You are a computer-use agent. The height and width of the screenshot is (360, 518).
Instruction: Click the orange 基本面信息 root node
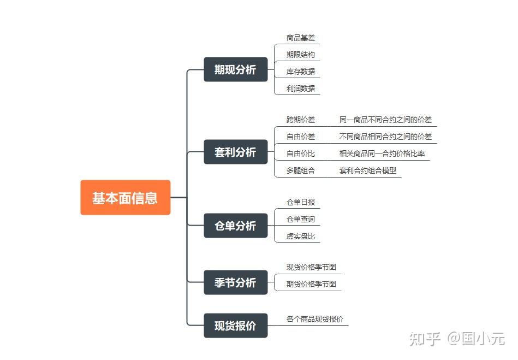[x=125, y=197]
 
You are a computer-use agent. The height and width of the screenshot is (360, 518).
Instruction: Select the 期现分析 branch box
[x=235, y=69]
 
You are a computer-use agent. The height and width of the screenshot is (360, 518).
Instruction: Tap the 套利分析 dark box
[x=235, y=152]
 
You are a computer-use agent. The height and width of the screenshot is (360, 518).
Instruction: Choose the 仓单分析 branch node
[x=235, y=226]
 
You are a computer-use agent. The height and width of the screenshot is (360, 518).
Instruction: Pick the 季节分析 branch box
[x=235, y=282]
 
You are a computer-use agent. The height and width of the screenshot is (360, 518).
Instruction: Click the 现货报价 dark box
[x=235, y=326]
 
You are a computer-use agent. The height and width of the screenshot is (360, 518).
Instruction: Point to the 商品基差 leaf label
[x=301, y=38]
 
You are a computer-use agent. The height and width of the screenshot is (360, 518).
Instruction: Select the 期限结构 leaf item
[x=301, y=55]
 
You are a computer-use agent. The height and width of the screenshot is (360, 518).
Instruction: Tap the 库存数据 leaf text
[x=301, y=72]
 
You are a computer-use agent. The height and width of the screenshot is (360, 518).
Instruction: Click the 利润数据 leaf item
[x=301, y=88]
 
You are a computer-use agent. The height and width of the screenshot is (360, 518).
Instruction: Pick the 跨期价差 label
[x=301, y=120]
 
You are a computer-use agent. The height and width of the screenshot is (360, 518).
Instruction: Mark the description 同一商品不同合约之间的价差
[x=385, y=120]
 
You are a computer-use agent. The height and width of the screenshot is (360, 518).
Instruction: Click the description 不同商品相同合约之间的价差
[x=385, y=137]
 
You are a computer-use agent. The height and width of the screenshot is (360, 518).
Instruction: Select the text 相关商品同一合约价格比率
[x=382, y=154]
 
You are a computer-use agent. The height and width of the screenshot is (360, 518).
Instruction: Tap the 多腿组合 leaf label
[x=301, y=170]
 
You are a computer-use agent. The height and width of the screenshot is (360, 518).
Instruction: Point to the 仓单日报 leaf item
[x=301, y=202]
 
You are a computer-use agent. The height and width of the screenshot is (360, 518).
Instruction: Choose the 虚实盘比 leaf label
[x=301, y=237]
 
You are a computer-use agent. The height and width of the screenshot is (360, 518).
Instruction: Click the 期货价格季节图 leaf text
[x=311, y=284]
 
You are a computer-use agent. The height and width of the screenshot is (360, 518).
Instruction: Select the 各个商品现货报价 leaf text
[x=315, y=319]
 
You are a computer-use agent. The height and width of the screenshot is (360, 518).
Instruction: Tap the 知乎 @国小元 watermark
[x=456, y=339]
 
